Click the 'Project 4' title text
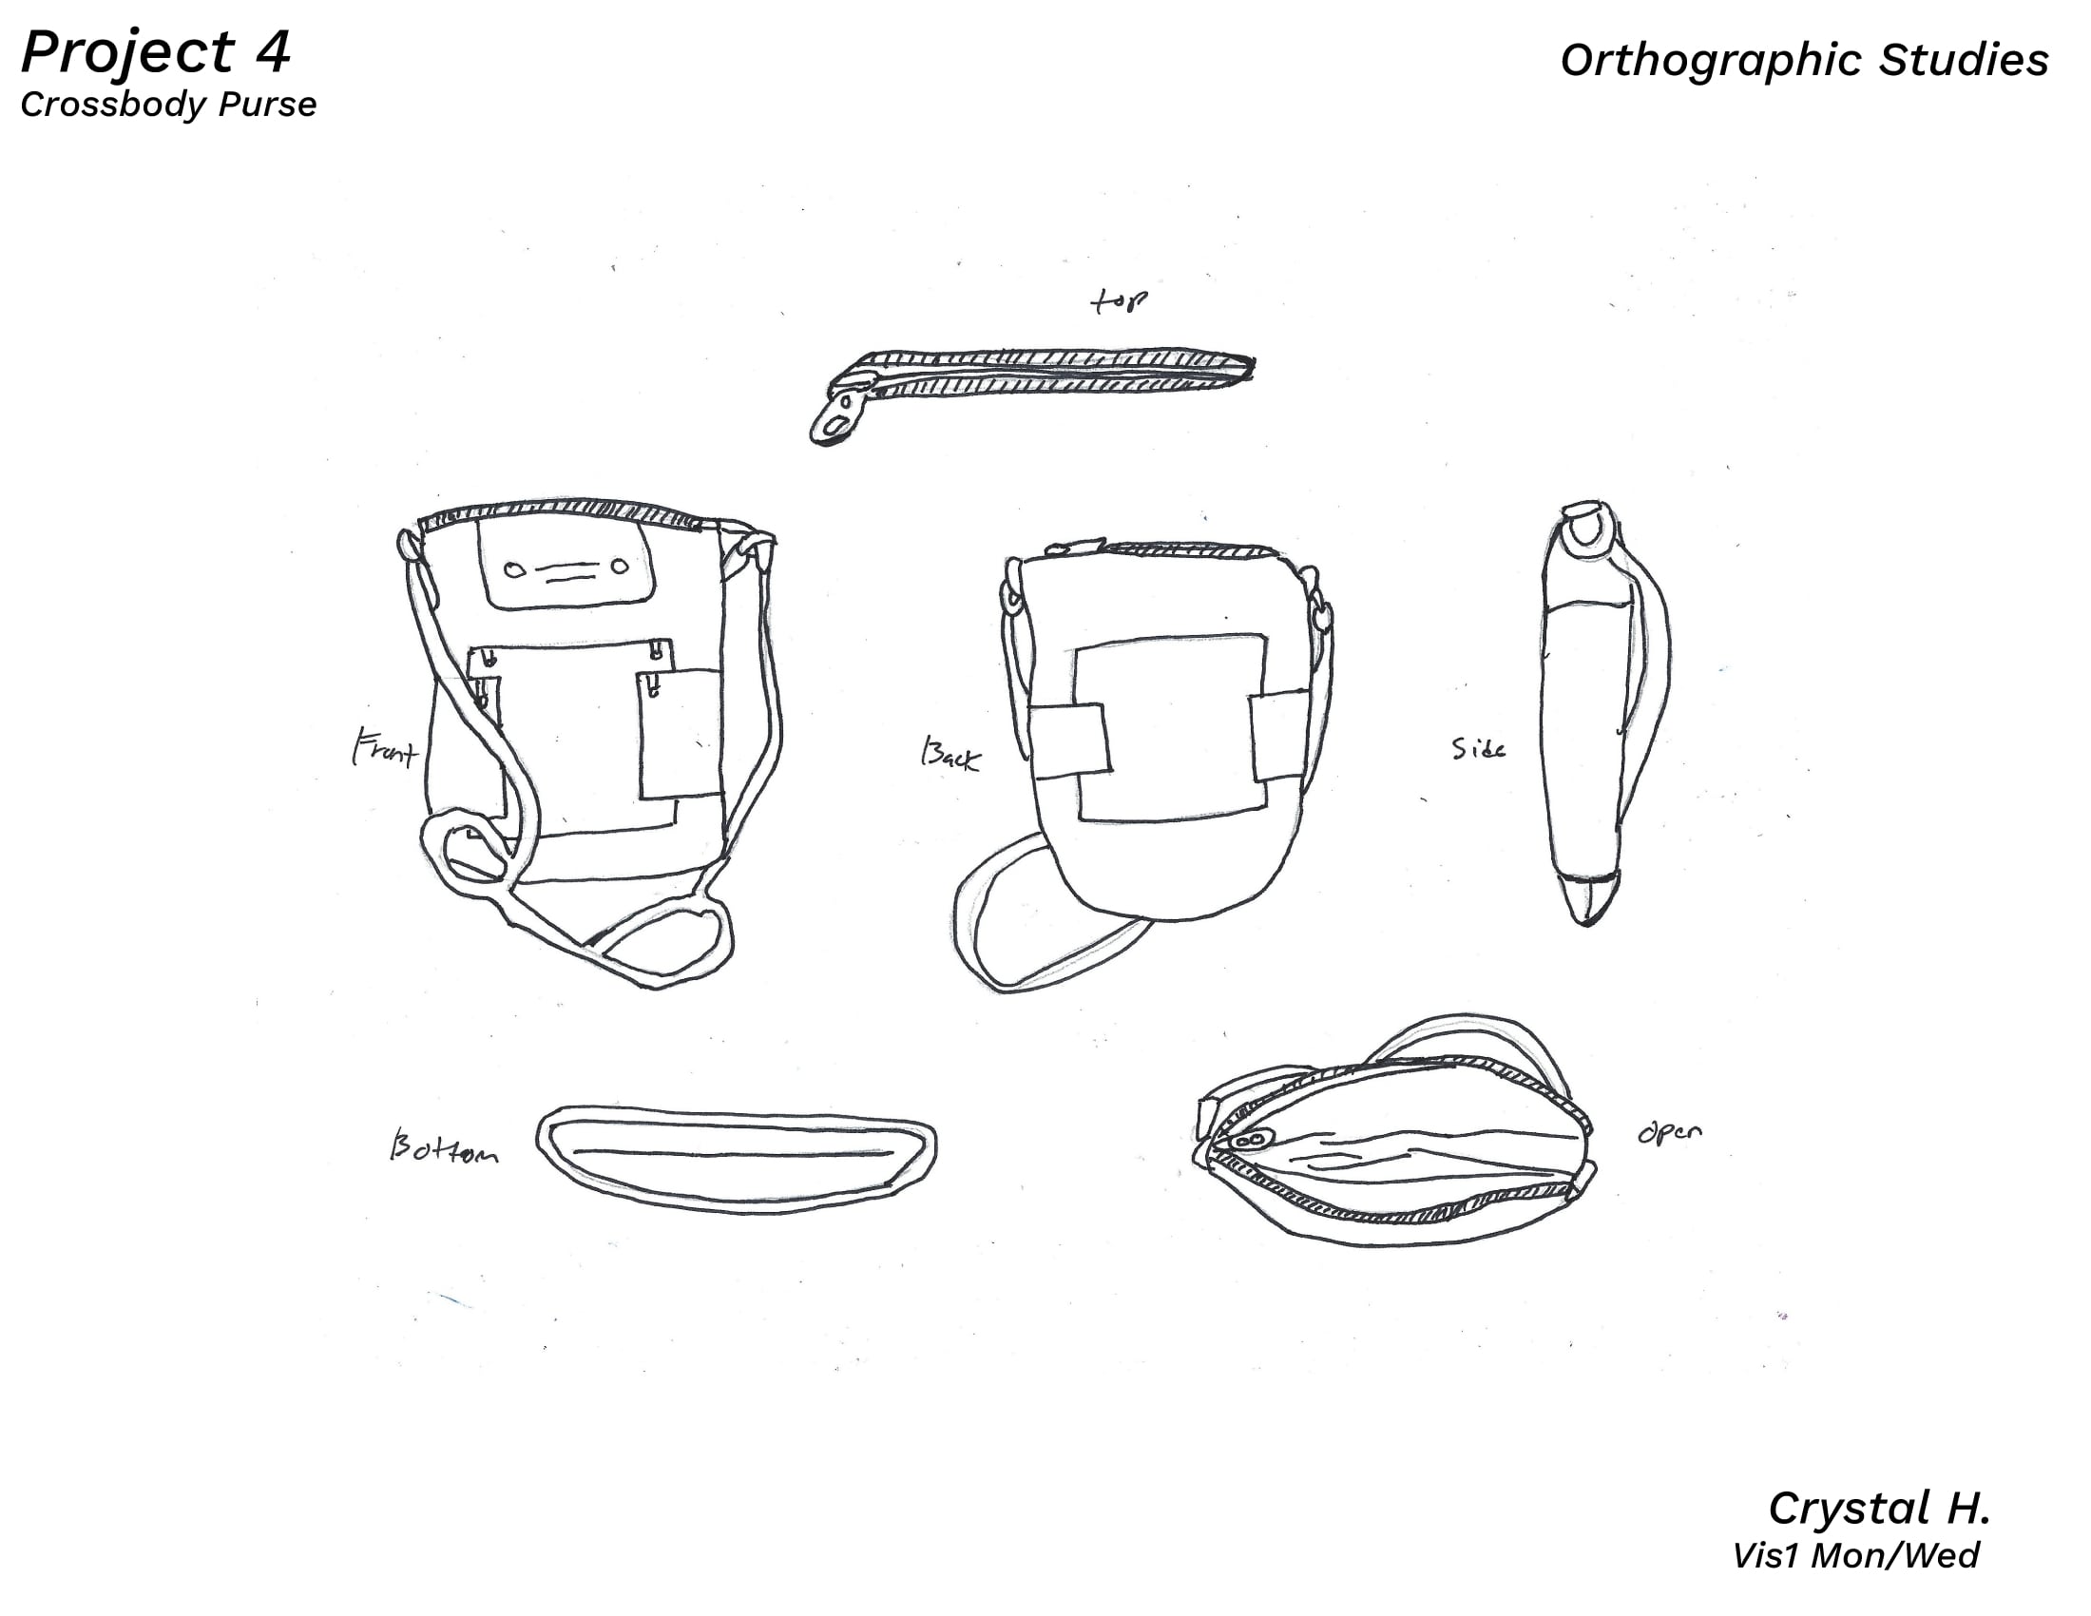point(155,53)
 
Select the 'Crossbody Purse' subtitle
point(168,105)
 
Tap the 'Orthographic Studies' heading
point(1804,60)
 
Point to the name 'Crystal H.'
point(1879,1509)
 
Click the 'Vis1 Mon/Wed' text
point(1855,1556)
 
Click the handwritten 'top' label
point(1120,301)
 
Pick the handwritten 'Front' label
point(385,748)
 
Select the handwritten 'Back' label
point(950,755)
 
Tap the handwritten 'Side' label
point(1478,749)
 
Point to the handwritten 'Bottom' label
point(443,1146)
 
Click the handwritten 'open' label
point(1670,1132)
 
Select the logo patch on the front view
point(566,565)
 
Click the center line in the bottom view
point(733,1153)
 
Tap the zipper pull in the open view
point(1249,1140)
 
